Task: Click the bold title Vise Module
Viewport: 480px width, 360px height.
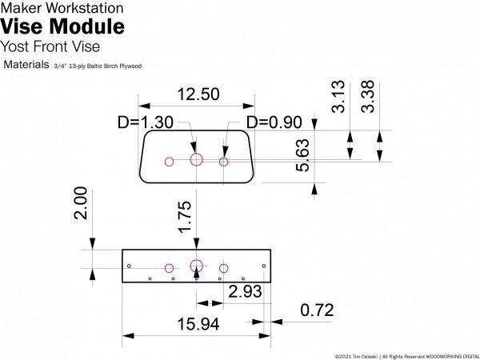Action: [x=63, y=26]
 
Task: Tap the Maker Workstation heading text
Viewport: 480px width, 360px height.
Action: [x=62, y=8]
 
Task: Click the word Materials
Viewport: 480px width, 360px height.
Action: [x=26, y=63]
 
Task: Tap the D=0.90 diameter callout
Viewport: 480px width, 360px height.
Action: [x=274, y=122]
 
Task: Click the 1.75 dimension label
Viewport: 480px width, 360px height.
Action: [x=185, y=218]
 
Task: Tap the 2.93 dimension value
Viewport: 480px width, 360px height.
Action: [x=245, y=292]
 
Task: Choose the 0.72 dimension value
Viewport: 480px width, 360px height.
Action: [x=317, y=310]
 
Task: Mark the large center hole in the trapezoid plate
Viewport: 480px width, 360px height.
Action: [x=197, y=159]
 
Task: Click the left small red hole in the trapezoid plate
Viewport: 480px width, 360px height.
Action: [x=169, y=162]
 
